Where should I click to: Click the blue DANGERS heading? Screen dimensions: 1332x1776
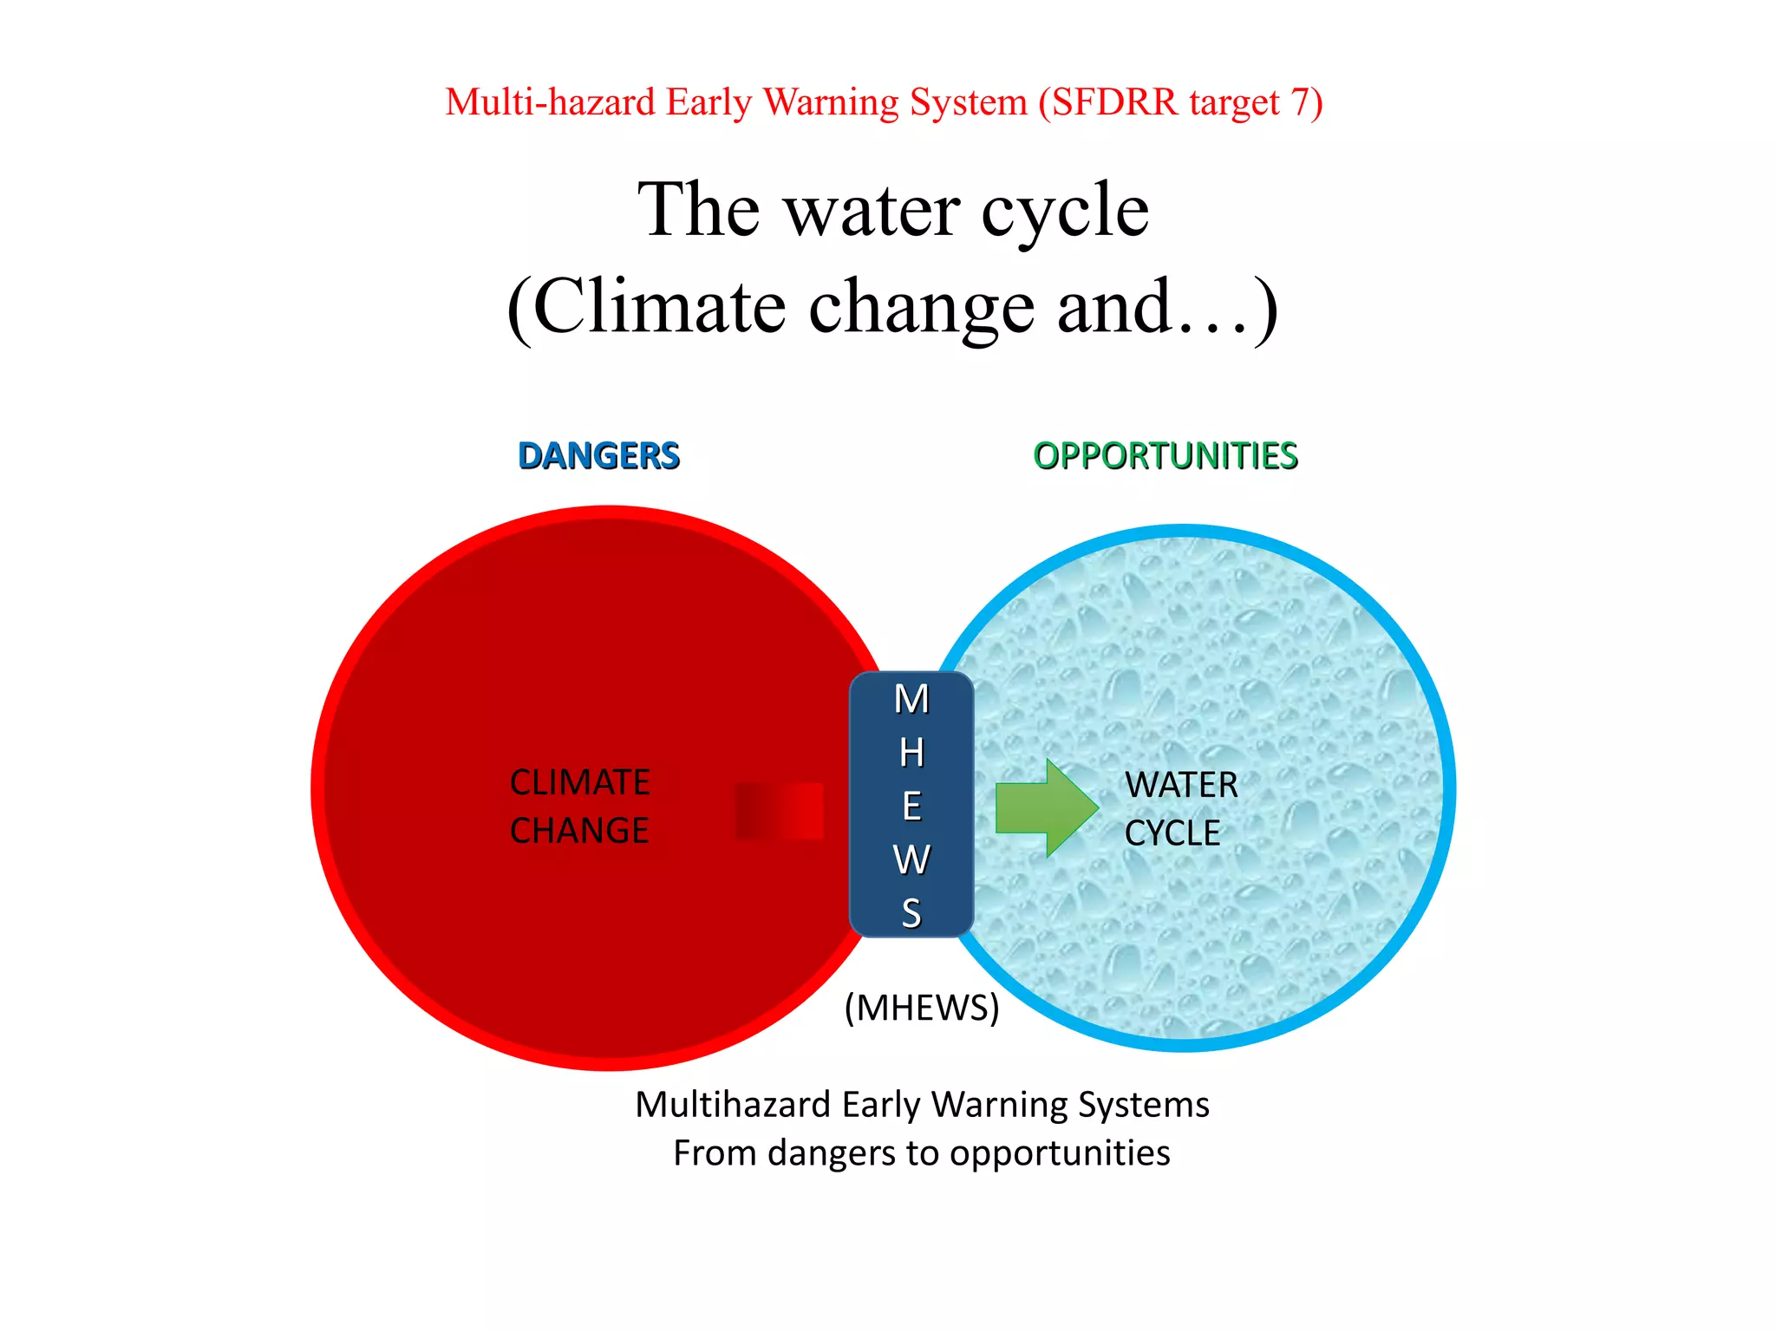(598, 456)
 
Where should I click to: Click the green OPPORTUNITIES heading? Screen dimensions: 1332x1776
(1165, 456)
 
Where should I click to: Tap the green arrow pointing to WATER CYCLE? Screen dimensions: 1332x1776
(1046, 808)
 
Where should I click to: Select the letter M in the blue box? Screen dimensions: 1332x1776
(911, 700)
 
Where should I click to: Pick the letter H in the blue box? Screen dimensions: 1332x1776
(911, 754)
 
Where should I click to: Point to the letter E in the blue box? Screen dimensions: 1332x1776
(911, 807)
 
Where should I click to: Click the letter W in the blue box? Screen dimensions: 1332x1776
(911, 860)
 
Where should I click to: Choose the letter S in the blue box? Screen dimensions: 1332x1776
(911, 914)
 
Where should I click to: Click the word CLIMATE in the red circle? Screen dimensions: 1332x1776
(580, 782)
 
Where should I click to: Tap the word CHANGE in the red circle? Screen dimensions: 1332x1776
(579, 831)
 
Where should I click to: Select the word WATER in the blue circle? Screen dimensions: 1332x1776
(1181, 786)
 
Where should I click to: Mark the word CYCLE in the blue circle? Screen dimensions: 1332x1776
(1172, 833)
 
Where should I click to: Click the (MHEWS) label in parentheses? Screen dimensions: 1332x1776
(922, 1008)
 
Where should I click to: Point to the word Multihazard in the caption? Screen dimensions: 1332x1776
(734, 1105)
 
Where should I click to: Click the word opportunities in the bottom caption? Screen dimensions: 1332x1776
(1060, 1153)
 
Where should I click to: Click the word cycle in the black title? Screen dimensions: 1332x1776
(1065, 210)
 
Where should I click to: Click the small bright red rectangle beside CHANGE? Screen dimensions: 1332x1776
(780, 811)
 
